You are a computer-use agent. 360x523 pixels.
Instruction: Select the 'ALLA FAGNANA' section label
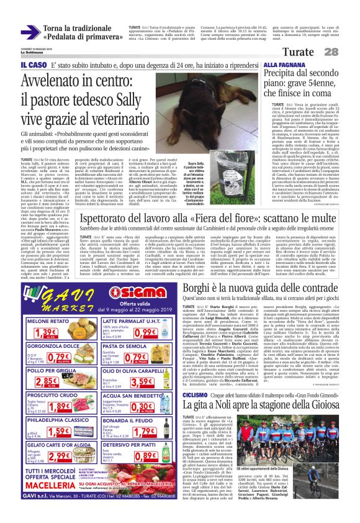(x=283, y=64)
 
